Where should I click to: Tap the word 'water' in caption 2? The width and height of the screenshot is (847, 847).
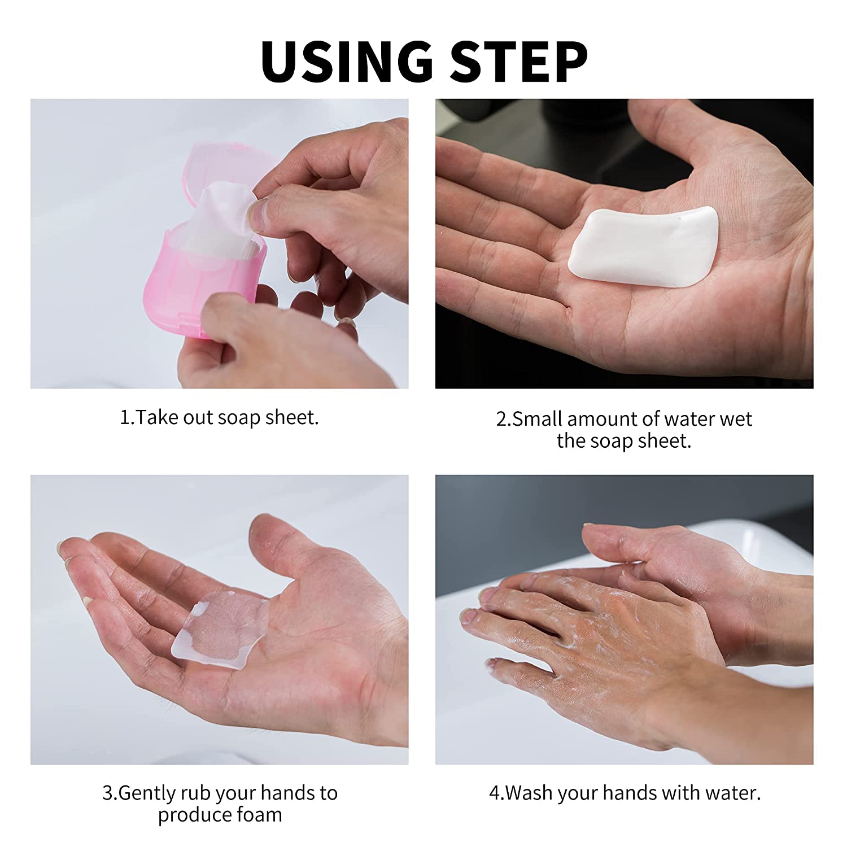point(689,419)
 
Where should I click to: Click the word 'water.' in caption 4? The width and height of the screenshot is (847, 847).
point(734,793)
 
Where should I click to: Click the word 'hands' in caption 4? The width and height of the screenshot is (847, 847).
point(628,793)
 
